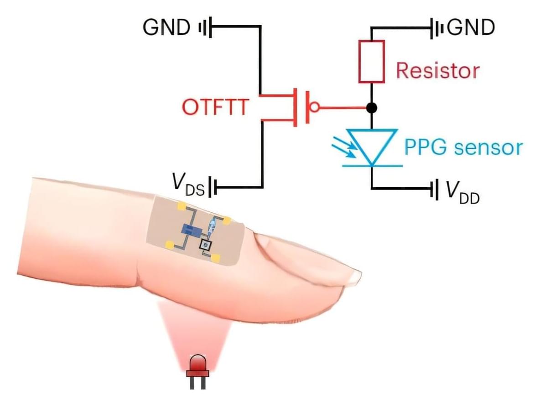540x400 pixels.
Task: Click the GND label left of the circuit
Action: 166,28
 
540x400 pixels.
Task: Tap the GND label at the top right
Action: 471,28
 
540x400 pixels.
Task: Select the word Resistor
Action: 437,71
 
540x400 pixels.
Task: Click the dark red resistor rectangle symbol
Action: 371,62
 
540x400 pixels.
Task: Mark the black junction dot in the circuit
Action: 372,108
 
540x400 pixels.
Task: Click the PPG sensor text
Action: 462,148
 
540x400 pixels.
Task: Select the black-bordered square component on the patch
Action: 206,246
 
